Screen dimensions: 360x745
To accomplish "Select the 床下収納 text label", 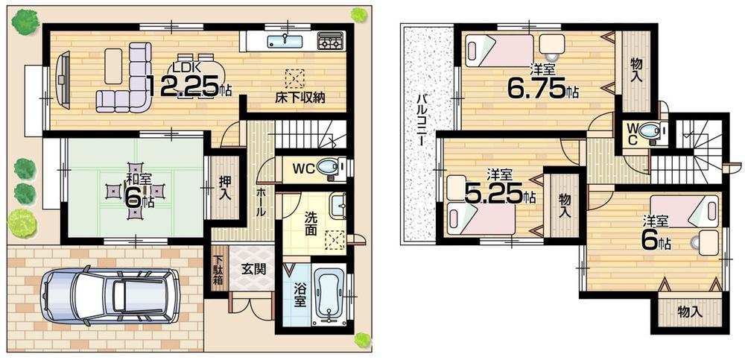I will coord(298,98).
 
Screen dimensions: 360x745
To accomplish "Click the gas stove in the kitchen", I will coord(329,40).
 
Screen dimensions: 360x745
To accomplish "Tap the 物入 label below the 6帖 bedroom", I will coord(689,312).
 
